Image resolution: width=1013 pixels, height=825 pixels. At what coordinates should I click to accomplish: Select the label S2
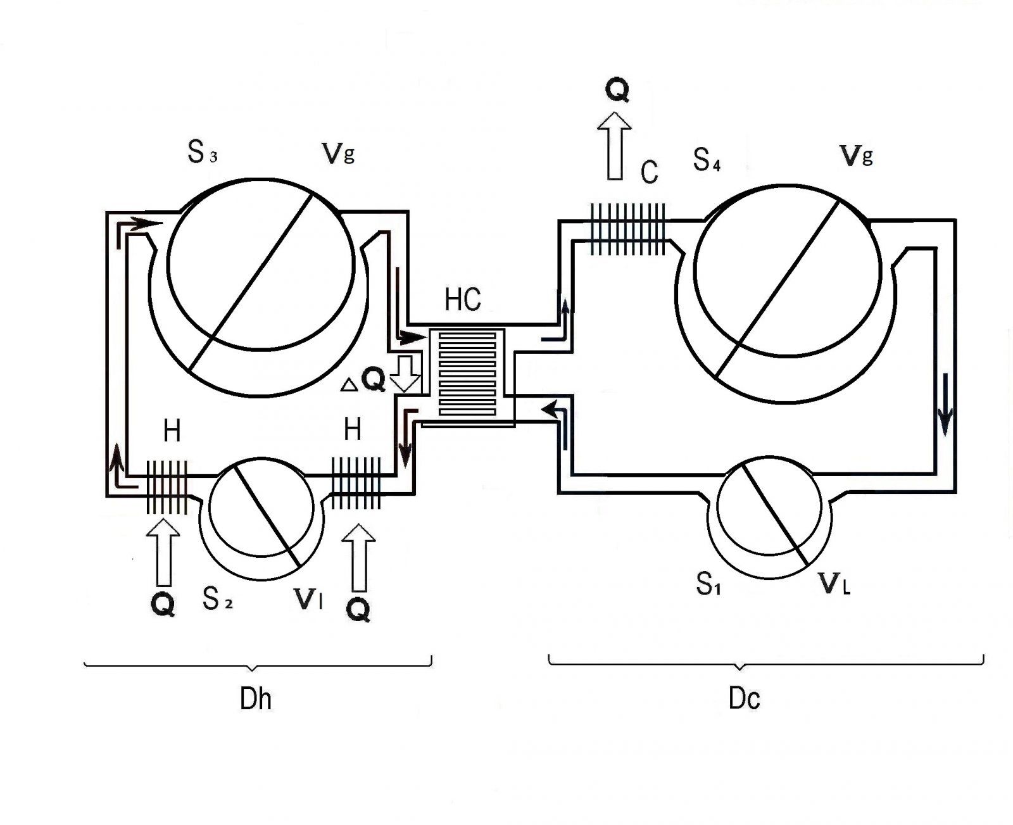217,598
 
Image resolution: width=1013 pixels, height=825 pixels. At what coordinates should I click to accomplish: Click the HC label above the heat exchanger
463,300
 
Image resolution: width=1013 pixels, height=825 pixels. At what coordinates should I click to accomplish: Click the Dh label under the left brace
256,700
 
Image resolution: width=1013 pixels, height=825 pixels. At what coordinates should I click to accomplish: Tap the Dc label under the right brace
744,699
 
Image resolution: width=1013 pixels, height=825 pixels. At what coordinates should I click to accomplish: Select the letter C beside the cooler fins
650,172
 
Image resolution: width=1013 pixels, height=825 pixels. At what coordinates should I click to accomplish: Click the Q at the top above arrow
617,91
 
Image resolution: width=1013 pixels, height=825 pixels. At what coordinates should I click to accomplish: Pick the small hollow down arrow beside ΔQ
405,374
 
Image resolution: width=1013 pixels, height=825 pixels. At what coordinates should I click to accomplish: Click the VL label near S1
834,584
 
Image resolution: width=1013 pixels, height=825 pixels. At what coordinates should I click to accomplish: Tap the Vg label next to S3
338,154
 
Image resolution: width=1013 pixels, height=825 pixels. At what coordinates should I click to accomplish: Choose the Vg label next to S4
856,156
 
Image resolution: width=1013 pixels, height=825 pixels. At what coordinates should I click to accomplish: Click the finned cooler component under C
627,229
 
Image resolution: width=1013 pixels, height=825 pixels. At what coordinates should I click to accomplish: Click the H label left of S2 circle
172,432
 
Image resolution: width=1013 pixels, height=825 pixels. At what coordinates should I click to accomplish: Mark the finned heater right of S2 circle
356,482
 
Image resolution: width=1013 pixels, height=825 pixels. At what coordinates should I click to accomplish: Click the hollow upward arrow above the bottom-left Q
163,551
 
